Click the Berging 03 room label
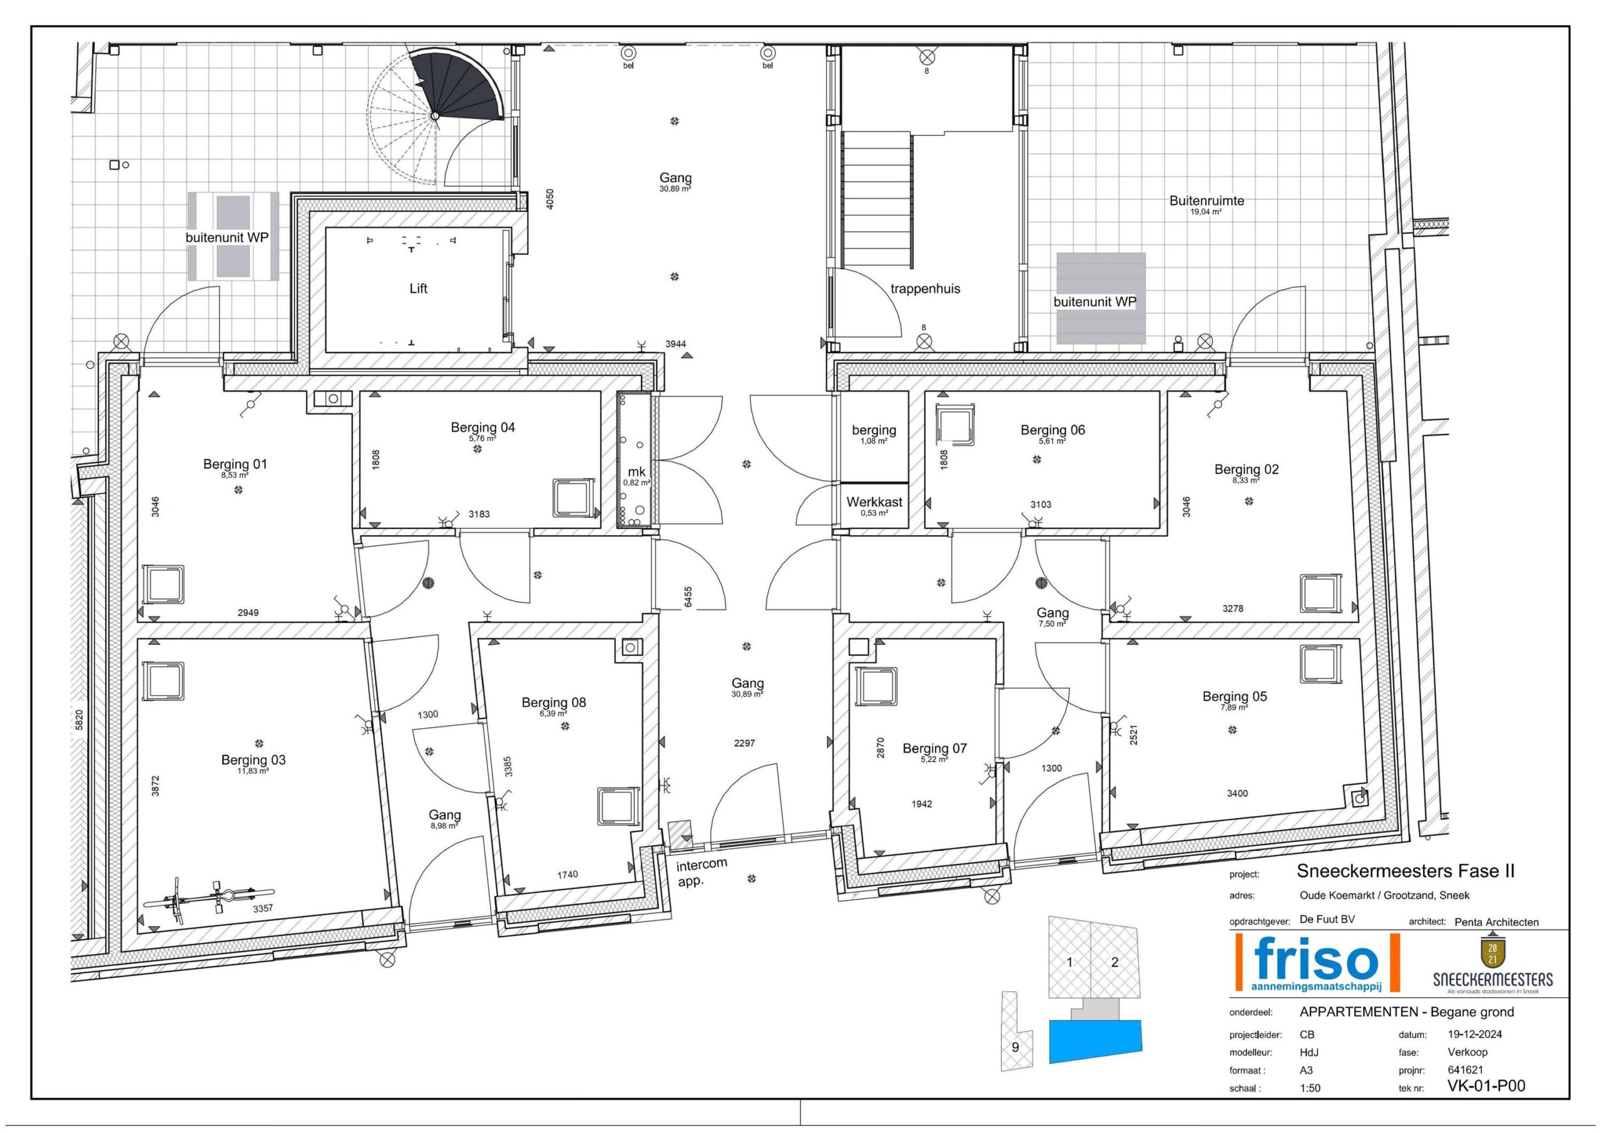click(x=253, y=759)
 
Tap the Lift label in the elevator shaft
click(x=418, y=289)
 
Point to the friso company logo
click(x=1317, y=963)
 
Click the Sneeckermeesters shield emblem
click(x=1492, y=952)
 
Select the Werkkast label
click(x=874, y=502)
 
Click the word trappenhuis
click(x=925, y=289)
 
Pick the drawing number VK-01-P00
click(x=1486, y=1085)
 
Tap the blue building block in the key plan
click(x=1096, y=1042)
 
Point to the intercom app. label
click(x=702, y=872)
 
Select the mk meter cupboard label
click(x=636, y=472)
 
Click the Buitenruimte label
click(x=1207, y=200)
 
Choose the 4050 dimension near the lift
click(x=550, y=199)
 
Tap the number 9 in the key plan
click(x=1015, y=1047)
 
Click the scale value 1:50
click(x=1310, y=1088)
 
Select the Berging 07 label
click(x=934, y=749)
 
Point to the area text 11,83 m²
click(x=253, y=771)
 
